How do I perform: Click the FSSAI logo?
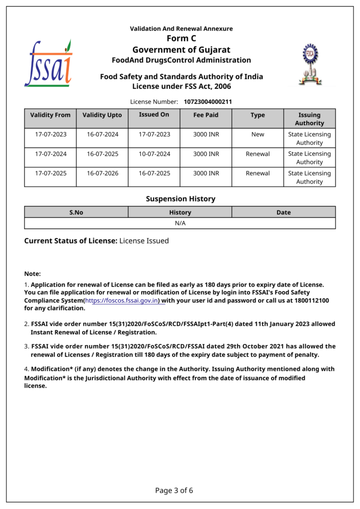coord(48,63)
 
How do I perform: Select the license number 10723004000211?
coord(208,102)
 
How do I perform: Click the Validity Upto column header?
coord(102,115)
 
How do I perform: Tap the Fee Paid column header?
coord(206,115)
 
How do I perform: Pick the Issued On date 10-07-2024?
coord(154,154)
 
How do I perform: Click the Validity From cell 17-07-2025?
coord(51,173)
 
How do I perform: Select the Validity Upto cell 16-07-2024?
coord(102,134)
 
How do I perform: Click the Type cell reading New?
coord(258,134)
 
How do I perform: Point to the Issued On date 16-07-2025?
coord(154,173)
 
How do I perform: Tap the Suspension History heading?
coord(180,199)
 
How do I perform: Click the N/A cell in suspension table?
coord(180,223)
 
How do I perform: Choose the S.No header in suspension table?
coord(76,212)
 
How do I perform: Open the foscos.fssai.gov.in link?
coord(122,301)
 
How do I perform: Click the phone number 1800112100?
coord(311,301)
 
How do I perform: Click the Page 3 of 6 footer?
coord(174,491)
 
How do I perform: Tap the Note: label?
coord(33,274)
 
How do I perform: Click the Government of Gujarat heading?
coord(181,50)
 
